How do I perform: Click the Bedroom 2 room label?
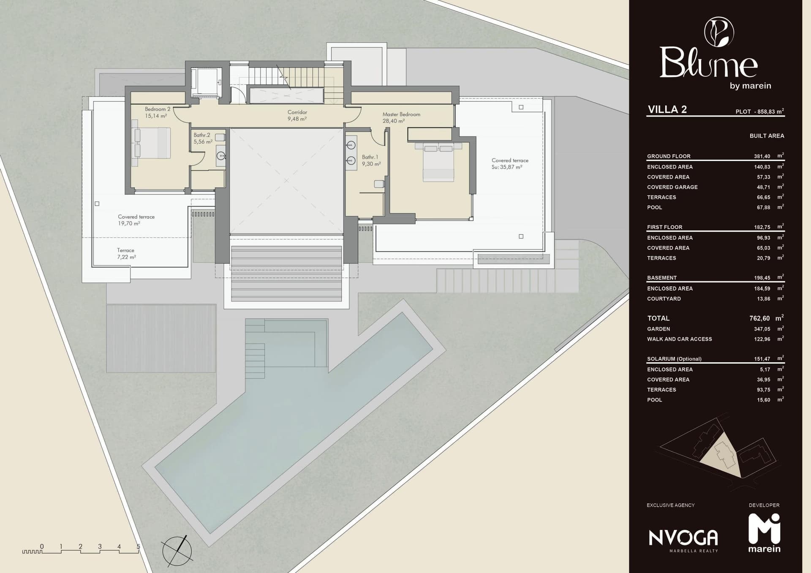click(x=158, y=112)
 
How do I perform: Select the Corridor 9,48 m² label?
click(x=297, y=115)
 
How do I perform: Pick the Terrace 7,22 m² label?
click(x=126, y=253)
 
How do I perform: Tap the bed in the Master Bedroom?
click(x=438, y=162)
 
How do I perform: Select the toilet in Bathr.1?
click(x=379, y=184)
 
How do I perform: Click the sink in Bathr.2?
click(x=221, y=156)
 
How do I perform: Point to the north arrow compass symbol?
click(x=177, y=551)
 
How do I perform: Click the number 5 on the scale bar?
click(x=138, y=546)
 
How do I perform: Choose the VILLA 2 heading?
click(x=667, y=109)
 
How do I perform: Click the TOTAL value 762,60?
click(x=759, y=318)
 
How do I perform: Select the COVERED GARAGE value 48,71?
click(x=763, y=187)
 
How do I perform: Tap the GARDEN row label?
click(x=659, y=329)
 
